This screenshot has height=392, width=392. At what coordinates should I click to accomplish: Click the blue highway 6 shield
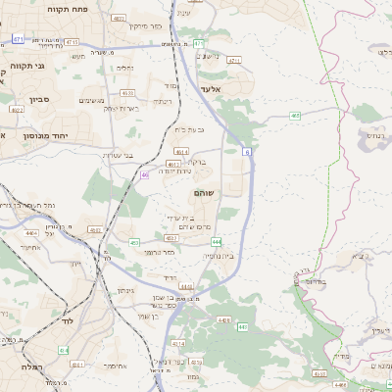click(248, 152)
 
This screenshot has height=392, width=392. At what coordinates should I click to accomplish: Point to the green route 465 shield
click(295, 115)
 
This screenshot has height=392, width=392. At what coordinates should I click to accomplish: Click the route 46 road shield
click(144, 174)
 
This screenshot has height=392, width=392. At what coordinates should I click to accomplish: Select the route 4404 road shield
click(32, 233)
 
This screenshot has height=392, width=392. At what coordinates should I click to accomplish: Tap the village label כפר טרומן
click(158, 252)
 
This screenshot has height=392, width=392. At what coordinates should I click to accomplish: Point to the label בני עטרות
click(117, 154)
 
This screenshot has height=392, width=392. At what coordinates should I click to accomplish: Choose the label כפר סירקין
click(149, 26)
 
